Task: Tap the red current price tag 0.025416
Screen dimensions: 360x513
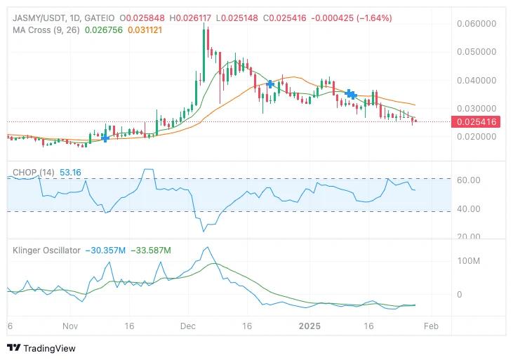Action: coord(477,122)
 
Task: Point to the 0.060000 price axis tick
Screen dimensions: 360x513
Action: coord(477,23)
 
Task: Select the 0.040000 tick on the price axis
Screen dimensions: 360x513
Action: coord(477,80)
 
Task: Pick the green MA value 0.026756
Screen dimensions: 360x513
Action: coord(103,30)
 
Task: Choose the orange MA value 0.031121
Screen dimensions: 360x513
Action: coord(147,30)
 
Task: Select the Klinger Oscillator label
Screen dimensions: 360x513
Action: coord(46,251)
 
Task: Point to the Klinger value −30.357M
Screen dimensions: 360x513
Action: coord(105,251)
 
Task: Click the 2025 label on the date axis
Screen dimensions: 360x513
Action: coord(309,326)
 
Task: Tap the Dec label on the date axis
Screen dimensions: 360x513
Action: coord(187,326)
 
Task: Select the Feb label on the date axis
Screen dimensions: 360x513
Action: coord(432,326)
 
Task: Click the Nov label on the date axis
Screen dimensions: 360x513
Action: coord(69,326)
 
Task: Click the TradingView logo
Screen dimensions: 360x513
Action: coord(41,348)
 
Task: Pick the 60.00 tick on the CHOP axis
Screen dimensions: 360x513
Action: coord(468,180)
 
